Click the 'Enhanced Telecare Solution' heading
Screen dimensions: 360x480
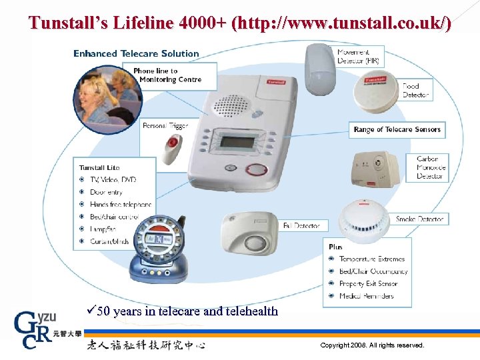click(136, 53)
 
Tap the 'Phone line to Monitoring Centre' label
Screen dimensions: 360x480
click(167, 75)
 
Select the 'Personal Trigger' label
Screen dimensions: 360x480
click(165, 125)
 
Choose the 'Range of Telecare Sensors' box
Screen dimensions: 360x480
click(397, 129)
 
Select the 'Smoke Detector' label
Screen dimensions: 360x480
click(419, 219)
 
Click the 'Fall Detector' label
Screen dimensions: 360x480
click(301, 225)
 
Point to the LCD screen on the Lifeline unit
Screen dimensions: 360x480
click(239, 143)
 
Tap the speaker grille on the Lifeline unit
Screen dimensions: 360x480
click(230, 105)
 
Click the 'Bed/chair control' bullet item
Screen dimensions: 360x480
click(114, 217)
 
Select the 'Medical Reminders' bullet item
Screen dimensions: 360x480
click(366, 296)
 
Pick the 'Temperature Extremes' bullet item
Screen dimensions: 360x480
click(371, 259)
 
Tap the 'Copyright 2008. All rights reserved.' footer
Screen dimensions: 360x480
click(372, 345)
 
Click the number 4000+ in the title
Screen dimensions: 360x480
click(198, 24)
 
